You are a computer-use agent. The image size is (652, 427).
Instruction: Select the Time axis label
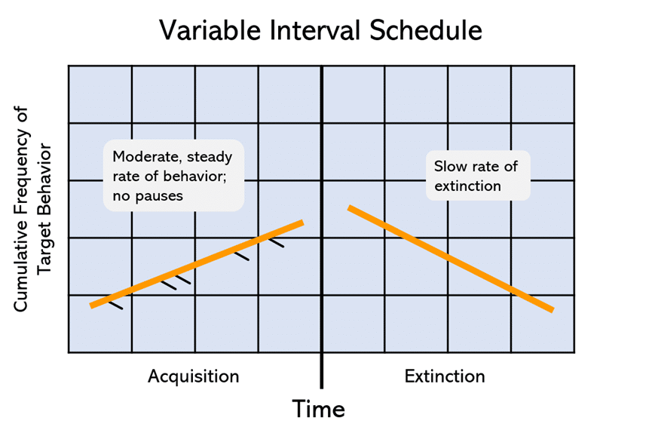318,408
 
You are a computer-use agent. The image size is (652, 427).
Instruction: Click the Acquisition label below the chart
193,376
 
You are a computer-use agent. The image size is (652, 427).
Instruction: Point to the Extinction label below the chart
445,376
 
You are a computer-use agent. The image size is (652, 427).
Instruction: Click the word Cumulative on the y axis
22,257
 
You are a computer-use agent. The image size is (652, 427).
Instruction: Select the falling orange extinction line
450,257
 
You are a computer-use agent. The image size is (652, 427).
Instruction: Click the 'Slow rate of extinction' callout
477,176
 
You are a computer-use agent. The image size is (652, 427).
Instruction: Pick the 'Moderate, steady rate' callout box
173,175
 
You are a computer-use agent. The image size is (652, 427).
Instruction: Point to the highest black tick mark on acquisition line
277,243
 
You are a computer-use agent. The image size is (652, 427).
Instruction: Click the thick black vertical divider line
322,226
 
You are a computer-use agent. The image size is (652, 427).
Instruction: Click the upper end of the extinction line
350,207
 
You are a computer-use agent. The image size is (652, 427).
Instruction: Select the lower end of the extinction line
551,309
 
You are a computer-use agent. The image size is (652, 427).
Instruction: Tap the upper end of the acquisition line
301,223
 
